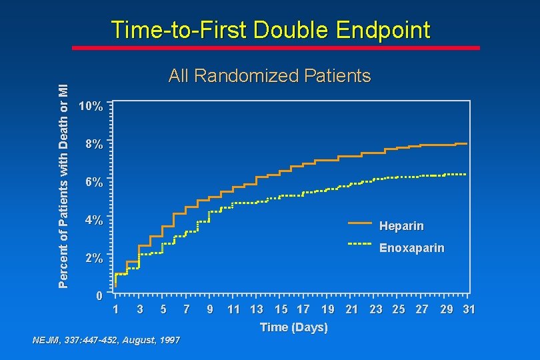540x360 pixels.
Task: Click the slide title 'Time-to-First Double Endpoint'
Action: pos(270,30)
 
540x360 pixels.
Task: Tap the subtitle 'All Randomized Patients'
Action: pos(269,76)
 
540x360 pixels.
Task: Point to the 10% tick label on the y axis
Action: pos(90,107)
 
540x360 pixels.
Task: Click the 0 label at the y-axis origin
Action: pos(98,295)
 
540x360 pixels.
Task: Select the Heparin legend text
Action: pos(401,226)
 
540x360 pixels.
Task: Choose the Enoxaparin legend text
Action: pos(411,248)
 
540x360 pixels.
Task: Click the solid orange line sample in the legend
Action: pos(359,222)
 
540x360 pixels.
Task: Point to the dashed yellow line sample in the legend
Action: pos(359,244)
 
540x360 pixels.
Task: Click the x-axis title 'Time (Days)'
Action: pos(293,327)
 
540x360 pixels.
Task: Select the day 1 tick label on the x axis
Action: pos(116,309)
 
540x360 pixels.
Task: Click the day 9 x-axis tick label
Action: pos(210,309)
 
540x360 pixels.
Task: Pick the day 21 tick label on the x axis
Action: pos(352,309)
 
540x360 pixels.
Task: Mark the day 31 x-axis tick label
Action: pos(468,309)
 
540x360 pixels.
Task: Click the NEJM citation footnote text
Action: pos(106,341)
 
